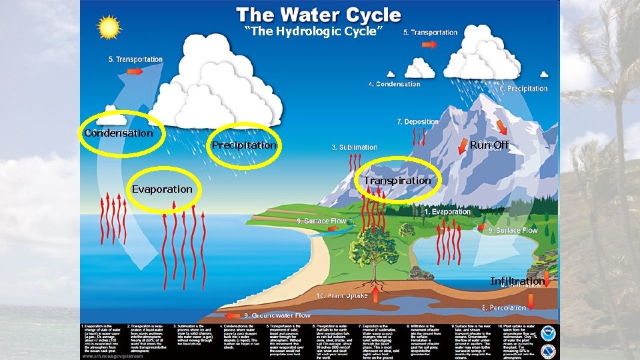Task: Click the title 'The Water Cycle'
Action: coord(319,15)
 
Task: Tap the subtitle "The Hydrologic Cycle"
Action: coord(313,31)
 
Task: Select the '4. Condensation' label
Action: coord(394,84)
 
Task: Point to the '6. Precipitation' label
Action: coord(523,89)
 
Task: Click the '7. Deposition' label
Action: coord(417,122)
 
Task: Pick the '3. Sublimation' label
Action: coord(354,147)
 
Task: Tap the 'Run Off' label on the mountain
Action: coord(489,145)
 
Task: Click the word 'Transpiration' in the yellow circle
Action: coord(397,181)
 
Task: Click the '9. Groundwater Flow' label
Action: coord(277,315)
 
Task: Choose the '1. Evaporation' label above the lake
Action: coord(447,212)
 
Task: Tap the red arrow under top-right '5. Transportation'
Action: coord(429,44)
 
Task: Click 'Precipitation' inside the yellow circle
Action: coord(243,145)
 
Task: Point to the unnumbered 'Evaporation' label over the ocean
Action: coord(162,189)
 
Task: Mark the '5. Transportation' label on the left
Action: coord(136,59)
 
